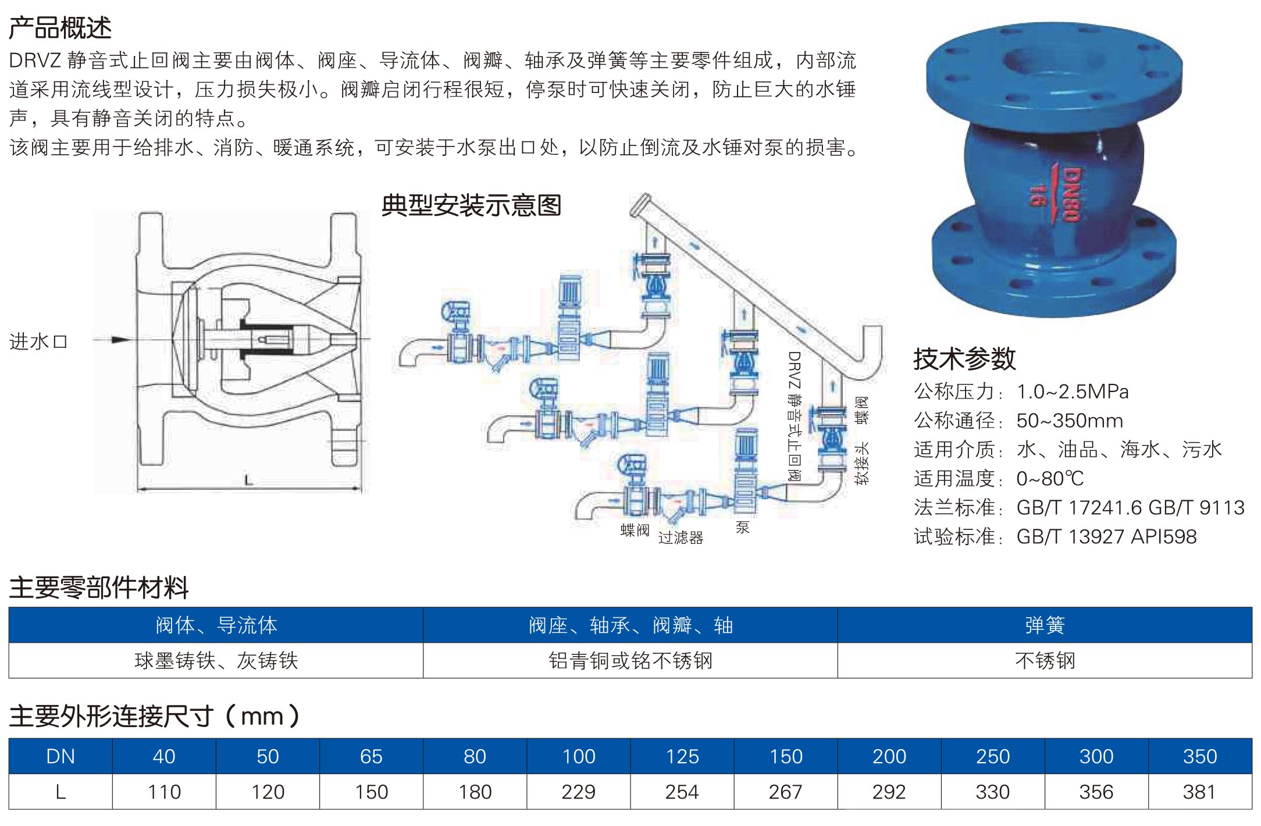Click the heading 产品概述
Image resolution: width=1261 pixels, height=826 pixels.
tap(60, 28)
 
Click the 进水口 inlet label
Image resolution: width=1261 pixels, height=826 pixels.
tap(38, 341)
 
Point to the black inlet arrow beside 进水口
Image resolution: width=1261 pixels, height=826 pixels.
tap(121, 340)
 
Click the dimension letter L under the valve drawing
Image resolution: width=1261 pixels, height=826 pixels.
tap(249, 480)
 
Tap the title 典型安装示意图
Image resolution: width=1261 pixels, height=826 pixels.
tap(471, 206)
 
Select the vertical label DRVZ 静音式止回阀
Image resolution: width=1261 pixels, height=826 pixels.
tap(795, 415)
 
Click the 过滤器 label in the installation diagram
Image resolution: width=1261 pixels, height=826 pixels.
tap(681, 537)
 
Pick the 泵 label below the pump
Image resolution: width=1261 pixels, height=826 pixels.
tap(743, 528)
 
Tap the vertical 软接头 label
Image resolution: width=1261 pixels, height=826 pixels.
tap(861, 463)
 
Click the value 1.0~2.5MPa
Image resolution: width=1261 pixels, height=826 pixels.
tap(1073, 392)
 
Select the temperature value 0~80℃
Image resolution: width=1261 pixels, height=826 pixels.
tap(1050, 479)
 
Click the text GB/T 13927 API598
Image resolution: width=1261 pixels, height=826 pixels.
tap(1106, 536)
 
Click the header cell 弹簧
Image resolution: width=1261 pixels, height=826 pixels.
tap(1045, 625)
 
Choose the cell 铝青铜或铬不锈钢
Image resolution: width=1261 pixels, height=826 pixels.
tap(630, 661)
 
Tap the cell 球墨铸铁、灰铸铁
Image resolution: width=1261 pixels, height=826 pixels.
tap(216, 661)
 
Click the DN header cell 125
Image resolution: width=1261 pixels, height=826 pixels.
tap(682, 756)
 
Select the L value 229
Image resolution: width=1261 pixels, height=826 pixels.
tap(579, 792)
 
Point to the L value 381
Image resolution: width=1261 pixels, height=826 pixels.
tap(1199, 792)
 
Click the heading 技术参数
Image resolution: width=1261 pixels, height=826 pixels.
tap(964, 359)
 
